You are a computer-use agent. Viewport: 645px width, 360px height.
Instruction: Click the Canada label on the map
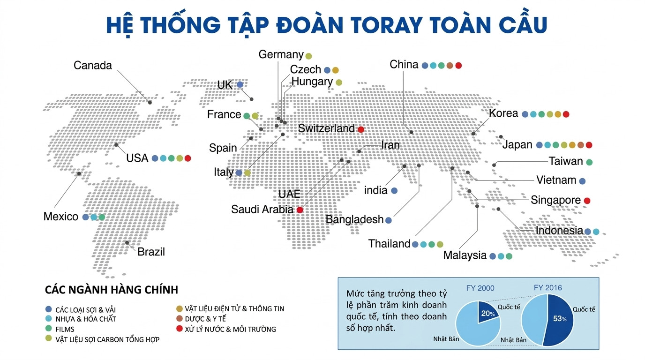click(x=93, y=66)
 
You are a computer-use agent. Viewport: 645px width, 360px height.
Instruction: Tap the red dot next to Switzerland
click(x=361, y=129)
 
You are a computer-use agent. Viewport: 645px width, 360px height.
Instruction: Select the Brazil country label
click(x=151, y=252)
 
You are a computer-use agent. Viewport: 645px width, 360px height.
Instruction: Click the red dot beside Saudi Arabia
click(x=300, y=210)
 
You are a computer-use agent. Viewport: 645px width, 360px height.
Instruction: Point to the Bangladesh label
click(x=354, y=219)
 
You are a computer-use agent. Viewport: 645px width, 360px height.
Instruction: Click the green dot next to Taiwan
click(x=589, y=162)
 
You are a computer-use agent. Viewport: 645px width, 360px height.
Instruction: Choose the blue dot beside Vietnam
click(x=582, y=181)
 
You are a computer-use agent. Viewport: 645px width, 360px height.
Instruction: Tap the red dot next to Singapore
click(x=587, y=201)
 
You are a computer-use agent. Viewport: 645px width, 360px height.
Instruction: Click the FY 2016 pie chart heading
click(x=547, y=288)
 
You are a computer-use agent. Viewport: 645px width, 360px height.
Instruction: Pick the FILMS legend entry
click(x=65, y=330)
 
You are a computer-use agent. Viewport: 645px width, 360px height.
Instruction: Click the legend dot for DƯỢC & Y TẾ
click(x=179, y=319)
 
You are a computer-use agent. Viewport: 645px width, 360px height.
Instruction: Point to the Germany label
click(x=281, y=55)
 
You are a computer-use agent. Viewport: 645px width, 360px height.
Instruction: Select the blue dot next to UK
click(x=240, y=85)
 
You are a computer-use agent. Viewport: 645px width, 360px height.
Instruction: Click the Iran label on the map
click(x=390, y=145)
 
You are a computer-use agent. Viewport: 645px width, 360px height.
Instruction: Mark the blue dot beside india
click(x=394, y=191)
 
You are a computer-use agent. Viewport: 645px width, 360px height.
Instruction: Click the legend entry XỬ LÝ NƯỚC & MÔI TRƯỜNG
click(x=230, y=330)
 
